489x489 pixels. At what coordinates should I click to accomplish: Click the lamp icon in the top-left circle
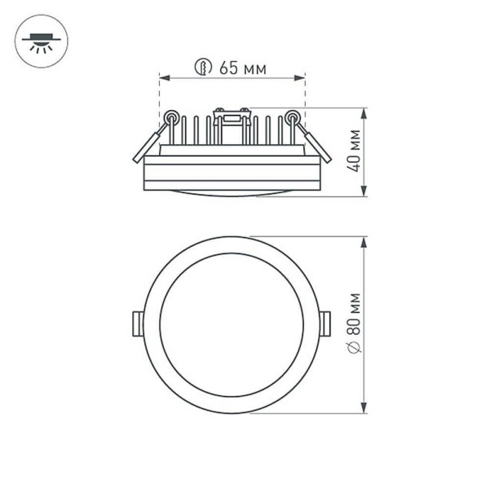click(38, 41)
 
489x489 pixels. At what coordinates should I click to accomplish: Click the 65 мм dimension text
click(243, 68)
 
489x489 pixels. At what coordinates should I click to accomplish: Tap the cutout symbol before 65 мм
click(204, 68)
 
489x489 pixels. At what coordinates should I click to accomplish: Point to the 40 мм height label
click(354, 152)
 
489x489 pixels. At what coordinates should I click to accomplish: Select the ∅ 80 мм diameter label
click(354, 323)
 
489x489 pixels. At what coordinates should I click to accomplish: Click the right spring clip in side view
click(315, 142)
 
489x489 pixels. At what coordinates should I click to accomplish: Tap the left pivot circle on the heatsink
click(171, 117)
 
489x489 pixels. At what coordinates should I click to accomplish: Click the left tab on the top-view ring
click(137, 323)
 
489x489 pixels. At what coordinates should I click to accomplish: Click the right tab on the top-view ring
click(326, 323)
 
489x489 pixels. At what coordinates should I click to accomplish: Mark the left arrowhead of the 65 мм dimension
click(162, 79)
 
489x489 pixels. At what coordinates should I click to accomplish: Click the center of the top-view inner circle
click(231, 324)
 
